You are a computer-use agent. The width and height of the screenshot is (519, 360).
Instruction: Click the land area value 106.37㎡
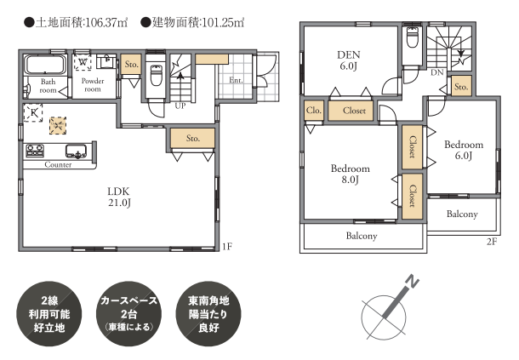[x=106, y=22]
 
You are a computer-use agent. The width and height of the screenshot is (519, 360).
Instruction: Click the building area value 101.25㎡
[x=223, y=22]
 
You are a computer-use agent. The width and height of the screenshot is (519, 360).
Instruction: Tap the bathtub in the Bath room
[x=45, y=65]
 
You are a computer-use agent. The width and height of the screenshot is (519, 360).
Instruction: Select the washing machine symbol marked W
[x=83, y=62]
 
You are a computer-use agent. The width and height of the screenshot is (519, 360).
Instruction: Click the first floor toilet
[x=156, y=75]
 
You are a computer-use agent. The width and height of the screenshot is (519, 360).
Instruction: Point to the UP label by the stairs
[x=180, y=106]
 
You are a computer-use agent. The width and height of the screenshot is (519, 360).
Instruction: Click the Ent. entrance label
[x=236, y=80]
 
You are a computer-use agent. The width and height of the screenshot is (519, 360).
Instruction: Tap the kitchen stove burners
[x=35, y=151]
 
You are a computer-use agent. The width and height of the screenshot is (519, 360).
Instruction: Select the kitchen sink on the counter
[x=77, y=151]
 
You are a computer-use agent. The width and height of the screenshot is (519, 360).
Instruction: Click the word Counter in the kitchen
[x=58, y=164]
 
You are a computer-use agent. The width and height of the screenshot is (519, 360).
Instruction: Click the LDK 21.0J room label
[x=118, y=197]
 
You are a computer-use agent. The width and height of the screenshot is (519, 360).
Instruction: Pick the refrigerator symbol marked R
[x=33, y=113]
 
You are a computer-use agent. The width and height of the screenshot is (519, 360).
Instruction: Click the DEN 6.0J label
[x=349, y=60]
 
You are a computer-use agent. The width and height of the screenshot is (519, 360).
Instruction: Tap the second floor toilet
[x=413, y=37]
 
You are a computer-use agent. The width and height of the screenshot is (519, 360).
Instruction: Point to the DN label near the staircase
[x=437, y=72]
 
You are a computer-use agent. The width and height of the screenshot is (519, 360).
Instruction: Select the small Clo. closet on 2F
[x=313, y=111]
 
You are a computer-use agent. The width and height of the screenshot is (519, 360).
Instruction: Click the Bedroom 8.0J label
[x=351, y=174]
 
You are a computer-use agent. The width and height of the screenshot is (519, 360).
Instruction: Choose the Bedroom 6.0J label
[x=464, y=150]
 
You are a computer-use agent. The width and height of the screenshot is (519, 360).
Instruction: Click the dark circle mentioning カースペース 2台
[x=128, y=314]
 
